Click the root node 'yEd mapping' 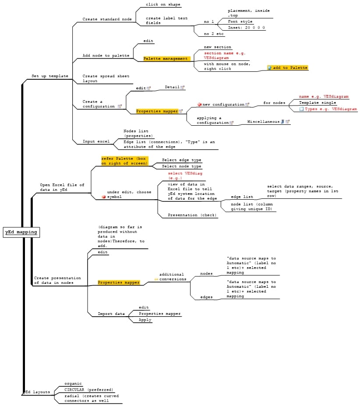click(21, 232)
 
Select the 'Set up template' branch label click(49, 76)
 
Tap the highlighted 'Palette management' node click(166, 59)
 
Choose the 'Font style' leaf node click(240, 21)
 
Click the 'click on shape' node click(163, 5)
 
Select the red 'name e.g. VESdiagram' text click(324, 96)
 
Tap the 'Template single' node click(318, 102)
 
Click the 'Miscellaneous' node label click(263, 122)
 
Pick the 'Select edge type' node click(181, 160)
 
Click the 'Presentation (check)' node click(192, 215)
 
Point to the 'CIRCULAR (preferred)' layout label click(88, 390)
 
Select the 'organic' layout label click(73, 384)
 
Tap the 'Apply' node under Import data click(145, 320)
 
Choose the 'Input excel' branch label click(96, 141)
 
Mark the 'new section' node click(217, 47)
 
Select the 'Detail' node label click(172, 87)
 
